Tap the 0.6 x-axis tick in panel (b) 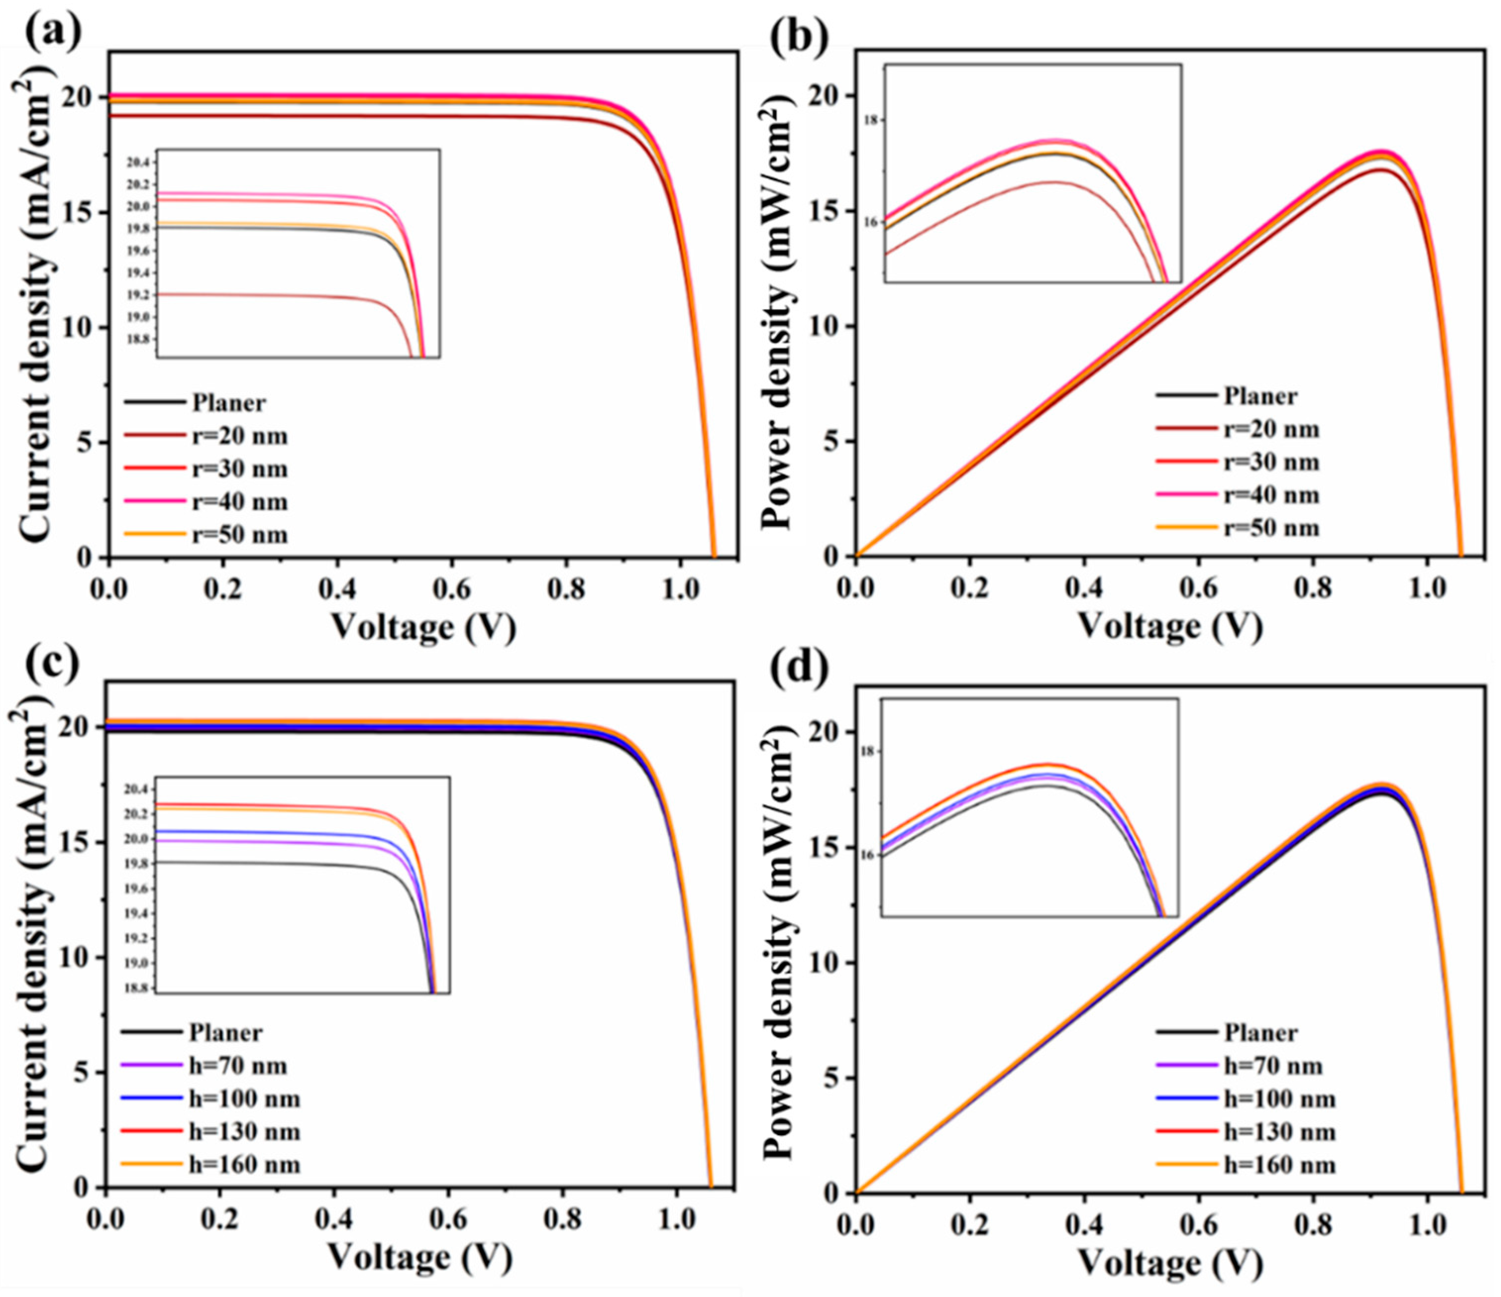[1198, 586]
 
